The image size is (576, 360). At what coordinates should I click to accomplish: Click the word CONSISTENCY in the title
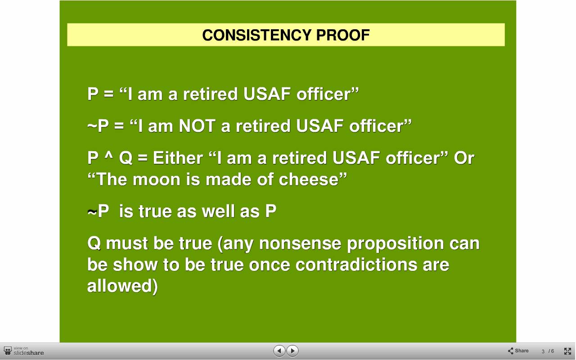click(x=256, y=35)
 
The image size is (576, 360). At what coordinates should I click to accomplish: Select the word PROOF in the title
click(x=343, y=35)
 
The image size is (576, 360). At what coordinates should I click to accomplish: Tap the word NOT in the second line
click(x=197, y=126)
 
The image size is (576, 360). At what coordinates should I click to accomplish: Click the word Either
click(x=178, y=157)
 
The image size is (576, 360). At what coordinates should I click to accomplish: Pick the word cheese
click(x=309, y=179)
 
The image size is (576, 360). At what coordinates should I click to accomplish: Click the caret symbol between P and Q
click(x=109, y=155)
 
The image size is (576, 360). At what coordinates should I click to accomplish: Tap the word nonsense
click(x=300, y=243)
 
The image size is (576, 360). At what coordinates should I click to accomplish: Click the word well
click(x=218, y=211)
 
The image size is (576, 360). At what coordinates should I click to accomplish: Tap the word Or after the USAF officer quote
click(x=464, y=157)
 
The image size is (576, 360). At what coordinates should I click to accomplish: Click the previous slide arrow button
click(x=279, y=351)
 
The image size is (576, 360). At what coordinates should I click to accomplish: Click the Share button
click(x=518, y=351)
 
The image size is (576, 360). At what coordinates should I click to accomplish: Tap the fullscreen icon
click(x=567, y=351)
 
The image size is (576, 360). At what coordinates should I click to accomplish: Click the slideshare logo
click(x=24, y=351)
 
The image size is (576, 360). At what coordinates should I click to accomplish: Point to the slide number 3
click(x=543, y=351)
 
